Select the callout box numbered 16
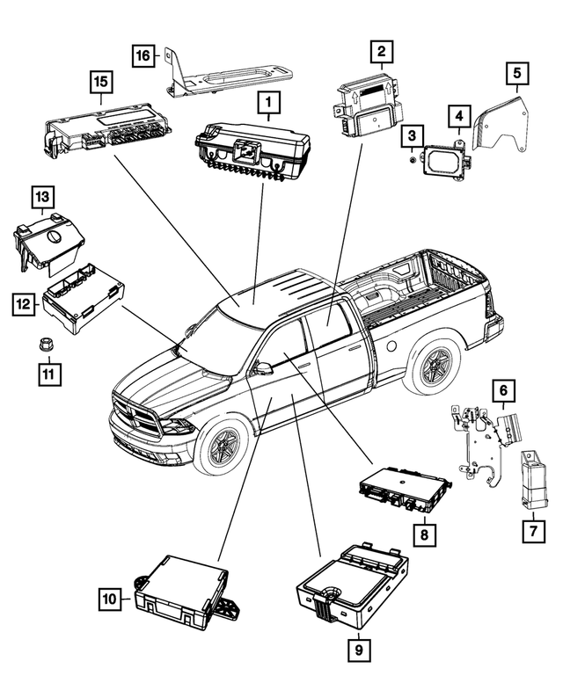coord(143,55)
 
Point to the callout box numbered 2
coord(381,54)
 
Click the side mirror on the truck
coord(262,367)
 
